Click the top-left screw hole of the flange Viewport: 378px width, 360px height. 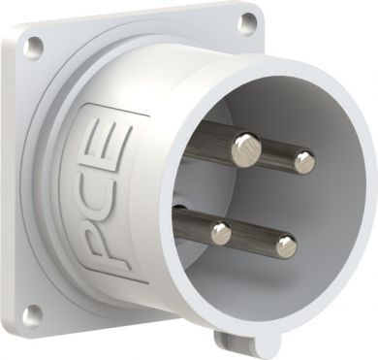click(x=35, y=45)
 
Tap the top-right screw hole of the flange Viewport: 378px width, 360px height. click(x=247, y=20)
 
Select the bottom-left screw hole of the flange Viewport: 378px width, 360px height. click(x=33, y=314)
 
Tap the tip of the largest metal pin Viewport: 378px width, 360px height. click(x=246, y=150)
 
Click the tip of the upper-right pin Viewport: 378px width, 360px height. click(x=304, y=162)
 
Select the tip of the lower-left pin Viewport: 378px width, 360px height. click(x=221, y=233)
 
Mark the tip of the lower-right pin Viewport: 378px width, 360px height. click(x=286, y=245)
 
